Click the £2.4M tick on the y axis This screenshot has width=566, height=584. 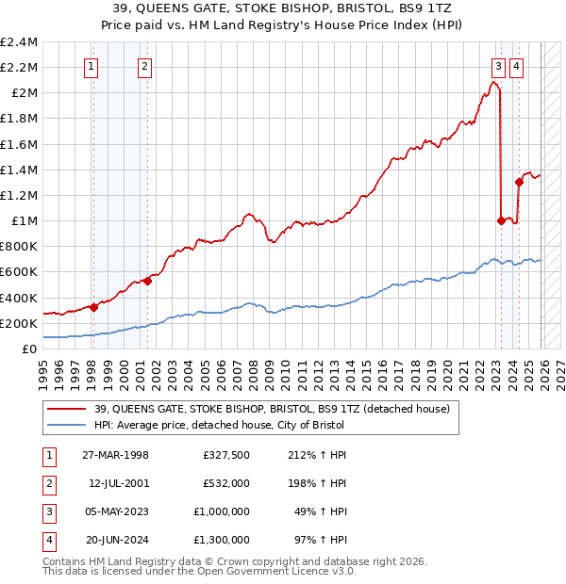[19, 42]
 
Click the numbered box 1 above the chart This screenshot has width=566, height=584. [92, 66]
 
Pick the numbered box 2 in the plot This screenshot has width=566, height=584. [144, 66]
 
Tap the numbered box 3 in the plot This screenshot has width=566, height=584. [497, 66]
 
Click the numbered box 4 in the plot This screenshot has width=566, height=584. [518, 66]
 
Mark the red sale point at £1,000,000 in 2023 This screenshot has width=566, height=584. [501, 220]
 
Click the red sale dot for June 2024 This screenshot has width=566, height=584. [519, 183]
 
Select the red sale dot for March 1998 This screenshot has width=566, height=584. [93, 306]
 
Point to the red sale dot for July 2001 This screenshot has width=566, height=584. [147, 281]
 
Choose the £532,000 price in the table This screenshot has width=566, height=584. [226, 484]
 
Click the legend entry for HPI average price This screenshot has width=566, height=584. [219, 425]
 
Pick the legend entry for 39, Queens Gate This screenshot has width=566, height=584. [272, 409]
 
